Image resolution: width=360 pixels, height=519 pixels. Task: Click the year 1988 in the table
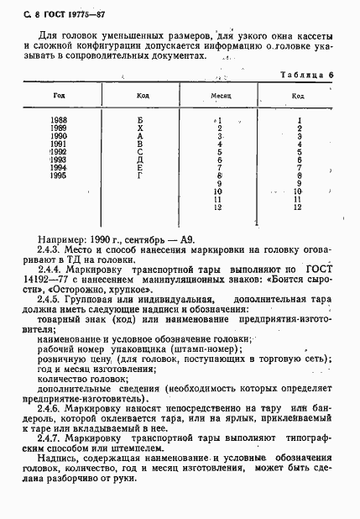click(x=59, y=121)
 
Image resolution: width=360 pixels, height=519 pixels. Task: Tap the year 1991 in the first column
click(x=59, y=144)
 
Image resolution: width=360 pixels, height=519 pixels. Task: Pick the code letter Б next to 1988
click(x=141, y=121)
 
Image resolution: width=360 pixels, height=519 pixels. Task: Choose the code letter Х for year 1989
click(x=141, y=128)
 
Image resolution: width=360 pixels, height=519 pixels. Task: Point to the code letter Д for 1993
click(x=141, y=159)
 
